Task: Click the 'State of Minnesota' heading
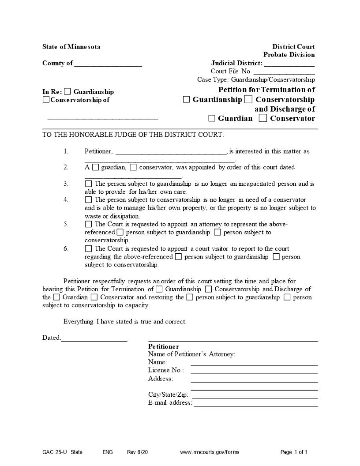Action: [71, 47]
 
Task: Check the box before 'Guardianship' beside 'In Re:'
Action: [67, 92]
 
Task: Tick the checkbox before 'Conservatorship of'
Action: [46, 100]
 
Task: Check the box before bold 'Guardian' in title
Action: [212, 118]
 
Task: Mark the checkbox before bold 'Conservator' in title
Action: [263, 118]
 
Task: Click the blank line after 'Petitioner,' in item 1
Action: [171, 153]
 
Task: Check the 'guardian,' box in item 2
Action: [96, 167]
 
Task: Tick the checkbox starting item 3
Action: [89, 184]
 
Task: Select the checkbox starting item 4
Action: [89, 200]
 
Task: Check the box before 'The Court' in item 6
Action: [89, 249]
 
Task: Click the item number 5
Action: [66, 224]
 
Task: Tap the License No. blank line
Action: [254, 373]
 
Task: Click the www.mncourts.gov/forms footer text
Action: [210, 452]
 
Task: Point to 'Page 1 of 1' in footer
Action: [294, 452]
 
